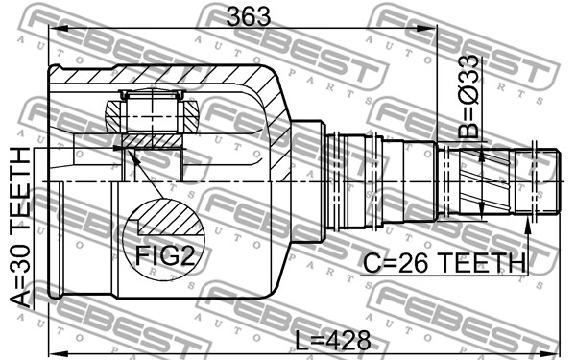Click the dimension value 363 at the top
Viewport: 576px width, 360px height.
249,16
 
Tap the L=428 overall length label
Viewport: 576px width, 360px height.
333,340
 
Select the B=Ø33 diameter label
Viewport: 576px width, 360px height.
468,96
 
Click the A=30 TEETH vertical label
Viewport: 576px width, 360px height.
20,227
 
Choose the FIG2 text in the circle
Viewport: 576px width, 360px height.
164,255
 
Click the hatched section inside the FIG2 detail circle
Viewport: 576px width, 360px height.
171,218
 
